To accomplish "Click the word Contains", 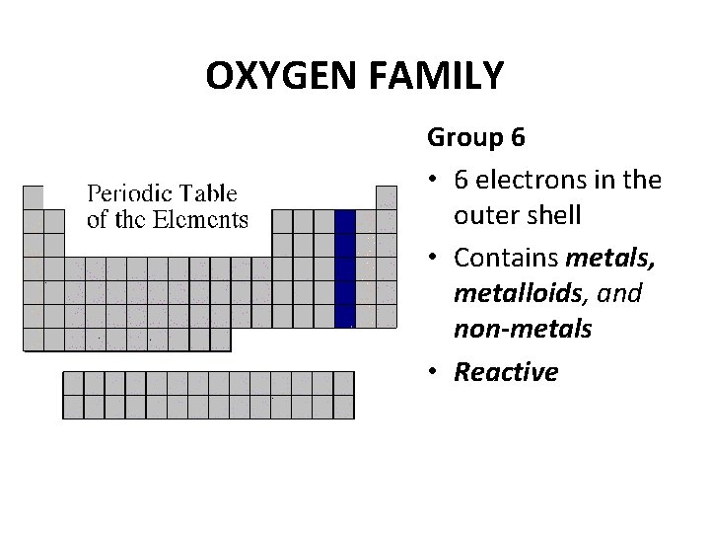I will pos(506,259).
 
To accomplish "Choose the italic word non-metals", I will pos(523,329).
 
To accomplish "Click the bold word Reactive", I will pos(506,372).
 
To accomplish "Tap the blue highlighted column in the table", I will pos(345,267).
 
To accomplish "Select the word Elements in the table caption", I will pos(201,219).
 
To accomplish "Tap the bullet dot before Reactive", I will pos(435,373).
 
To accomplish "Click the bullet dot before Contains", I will pos(435,260).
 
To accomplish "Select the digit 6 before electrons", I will pos(461,180).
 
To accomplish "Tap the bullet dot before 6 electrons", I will pos(435,181).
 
